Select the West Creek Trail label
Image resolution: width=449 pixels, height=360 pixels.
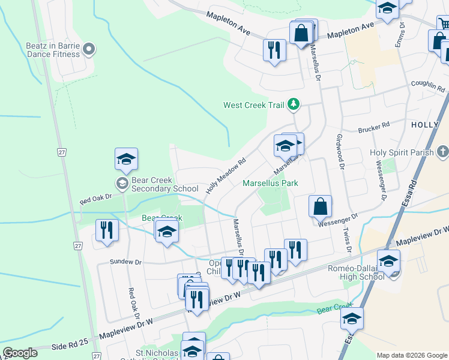(253, 105)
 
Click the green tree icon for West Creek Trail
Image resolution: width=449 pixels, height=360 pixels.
(293, 105)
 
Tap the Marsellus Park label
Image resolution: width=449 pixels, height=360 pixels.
(270, 183)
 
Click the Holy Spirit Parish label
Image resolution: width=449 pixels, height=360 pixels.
(402, 152)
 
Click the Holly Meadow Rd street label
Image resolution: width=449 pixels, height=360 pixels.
(226, 175)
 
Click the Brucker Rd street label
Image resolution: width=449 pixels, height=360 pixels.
(373, 127)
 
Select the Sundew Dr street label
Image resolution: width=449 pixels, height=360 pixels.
(125, 262)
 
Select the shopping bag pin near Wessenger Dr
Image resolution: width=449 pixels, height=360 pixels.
(321, 206)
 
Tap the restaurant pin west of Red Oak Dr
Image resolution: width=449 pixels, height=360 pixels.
(107, 232)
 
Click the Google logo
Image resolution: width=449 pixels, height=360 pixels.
(20, 353)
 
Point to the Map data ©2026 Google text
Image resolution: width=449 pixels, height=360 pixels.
(411, 355)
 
